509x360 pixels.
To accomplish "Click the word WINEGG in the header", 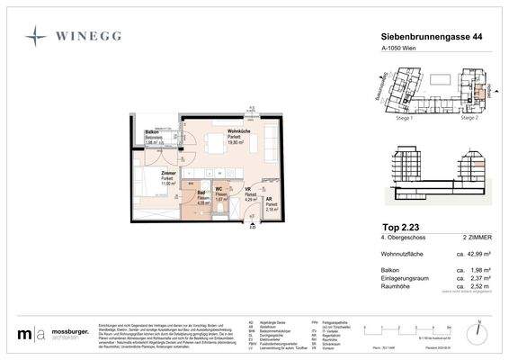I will point(91,37).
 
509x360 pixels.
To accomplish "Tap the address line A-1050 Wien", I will point(393,49).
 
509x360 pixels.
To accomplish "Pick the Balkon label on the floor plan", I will point(153,132).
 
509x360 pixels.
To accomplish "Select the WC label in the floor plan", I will point(219,189).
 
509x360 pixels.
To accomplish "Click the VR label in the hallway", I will point(248,190).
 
